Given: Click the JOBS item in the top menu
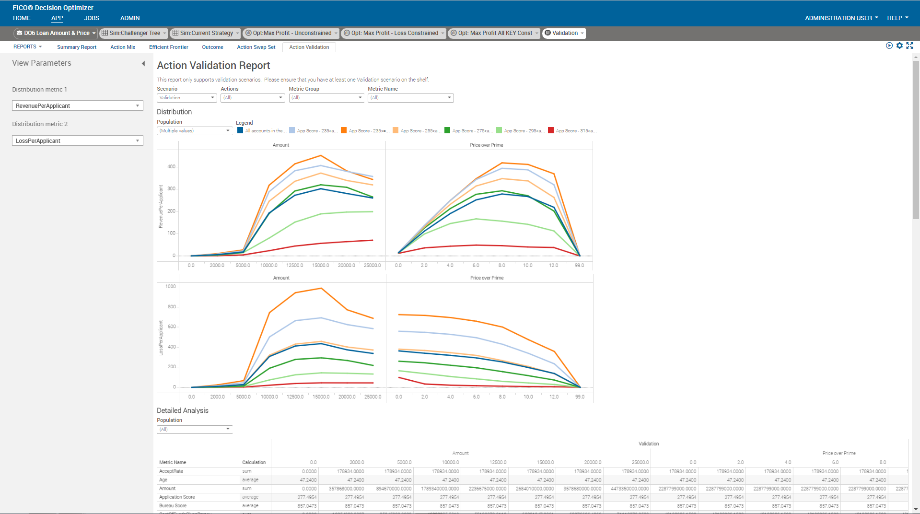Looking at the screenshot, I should tap(92, 18).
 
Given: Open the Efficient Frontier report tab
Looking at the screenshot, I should tap(168, 47).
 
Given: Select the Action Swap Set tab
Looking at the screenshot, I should tap(256, 47).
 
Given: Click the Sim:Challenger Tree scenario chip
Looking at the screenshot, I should tap(134, 33).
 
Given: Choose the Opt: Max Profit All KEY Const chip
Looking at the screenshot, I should tap(494, 33).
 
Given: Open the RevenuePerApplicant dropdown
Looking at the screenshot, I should tap(77, 105).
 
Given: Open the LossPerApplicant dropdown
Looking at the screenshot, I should tap(77, 140).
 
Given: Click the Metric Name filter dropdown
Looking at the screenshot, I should tap(410, 98).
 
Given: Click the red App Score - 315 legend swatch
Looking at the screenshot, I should tap(551, 130).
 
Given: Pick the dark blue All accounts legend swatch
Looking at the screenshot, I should tap(240, 130).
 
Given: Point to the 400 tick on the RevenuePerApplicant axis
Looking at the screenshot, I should tap(171, 167).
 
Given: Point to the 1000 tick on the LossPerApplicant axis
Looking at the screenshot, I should tap(170, 287).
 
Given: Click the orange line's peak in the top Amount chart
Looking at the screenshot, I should tap(321, 155).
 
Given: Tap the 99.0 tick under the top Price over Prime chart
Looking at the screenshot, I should tap(579, 265).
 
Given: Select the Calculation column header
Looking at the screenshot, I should tap(254, 462).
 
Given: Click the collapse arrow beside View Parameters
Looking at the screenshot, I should tap(143, 63).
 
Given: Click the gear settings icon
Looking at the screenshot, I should tap(899, 46).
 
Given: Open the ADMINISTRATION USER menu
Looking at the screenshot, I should tap(841, 18).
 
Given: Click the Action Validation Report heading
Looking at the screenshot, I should tap(213, 66).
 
